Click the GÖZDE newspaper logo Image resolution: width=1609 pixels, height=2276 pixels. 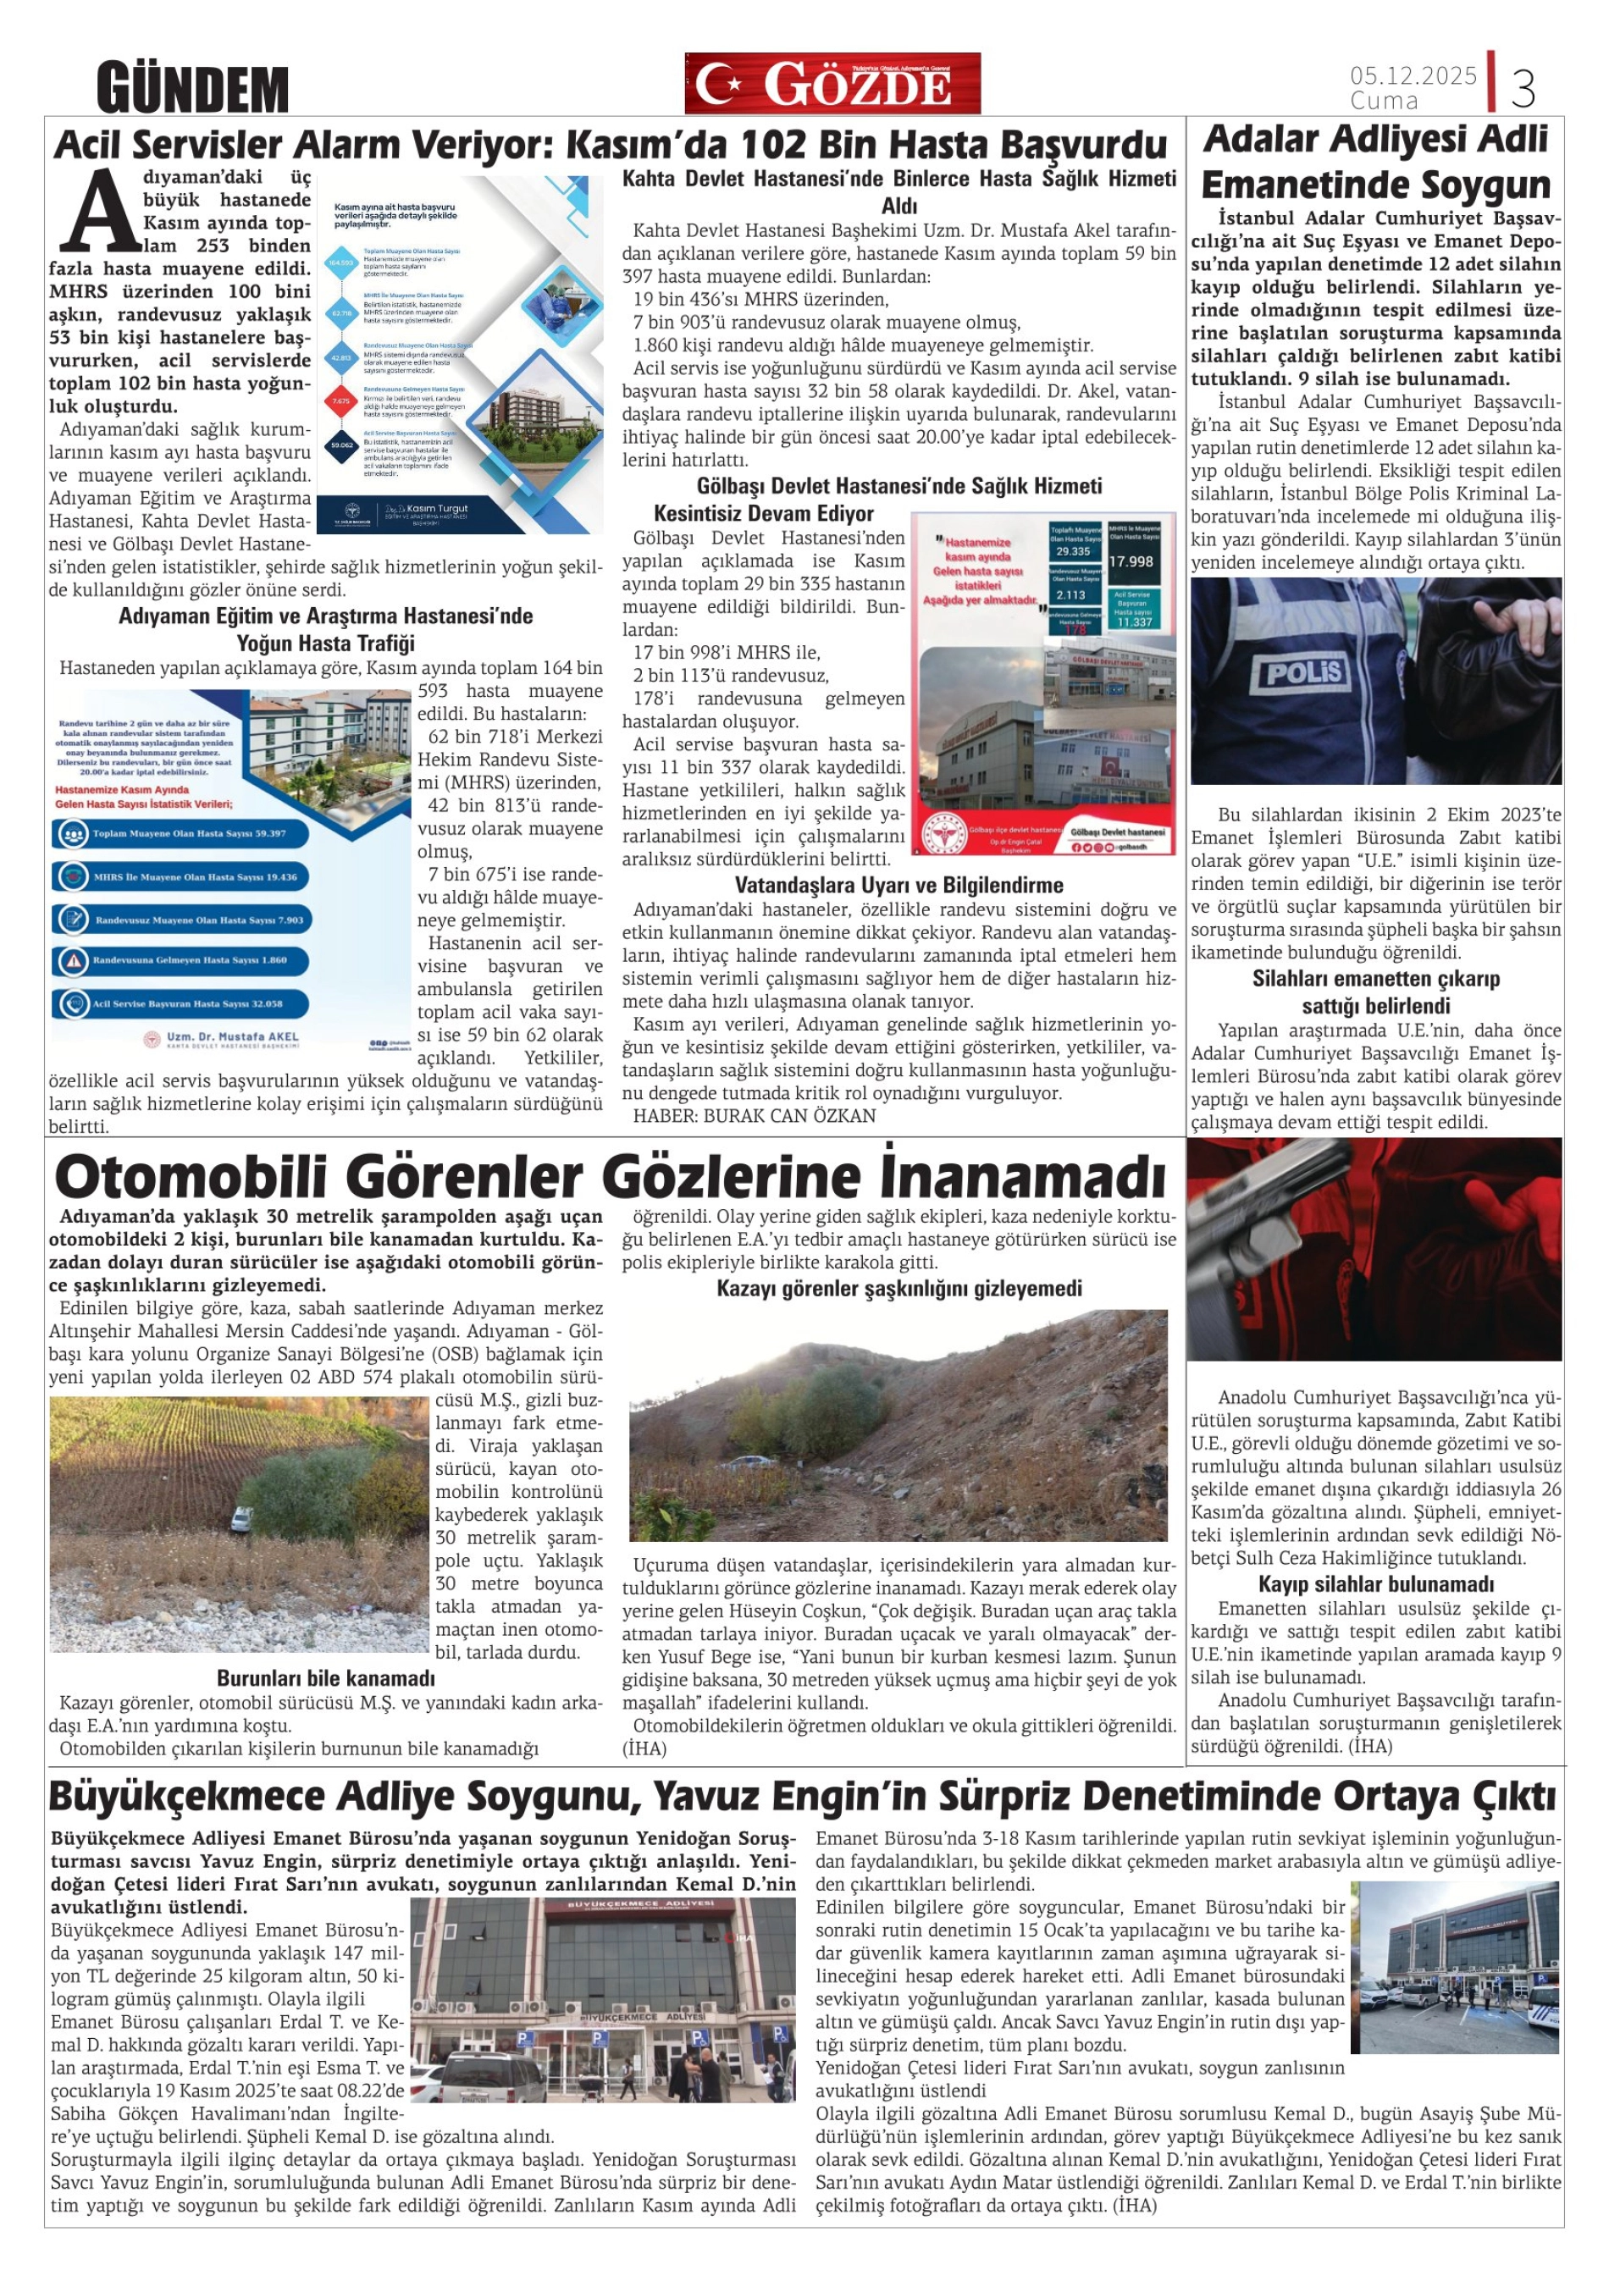click(832, 83)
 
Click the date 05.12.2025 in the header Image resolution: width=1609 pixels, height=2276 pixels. click(1412, 75)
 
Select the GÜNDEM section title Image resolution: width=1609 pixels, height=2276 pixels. click(192, 89)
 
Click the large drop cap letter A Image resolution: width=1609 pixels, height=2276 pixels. click(100, 211)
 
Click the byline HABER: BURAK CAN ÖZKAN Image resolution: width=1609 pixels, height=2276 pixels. click(755, 1116)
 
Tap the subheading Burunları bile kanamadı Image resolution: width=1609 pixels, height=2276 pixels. click(325, 1679)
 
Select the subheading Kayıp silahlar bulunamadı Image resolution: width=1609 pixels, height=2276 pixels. click(1375, 1584)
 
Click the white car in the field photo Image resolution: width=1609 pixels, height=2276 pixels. click(241, 1517)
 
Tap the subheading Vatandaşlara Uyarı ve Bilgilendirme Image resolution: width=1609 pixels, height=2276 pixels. click(898, 885)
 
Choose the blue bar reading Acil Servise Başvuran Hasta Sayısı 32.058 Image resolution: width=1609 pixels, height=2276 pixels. click(180, 1004)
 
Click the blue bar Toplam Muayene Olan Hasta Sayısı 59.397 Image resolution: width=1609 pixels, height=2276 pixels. click(180, 834)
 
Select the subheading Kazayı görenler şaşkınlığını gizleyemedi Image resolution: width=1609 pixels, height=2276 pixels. click(898, 1289)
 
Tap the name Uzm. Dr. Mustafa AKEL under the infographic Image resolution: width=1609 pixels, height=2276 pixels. click(232, 1037)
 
